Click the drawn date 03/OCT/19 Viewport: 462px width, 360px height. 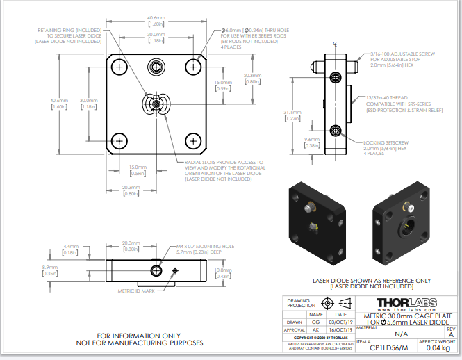pos(336,322)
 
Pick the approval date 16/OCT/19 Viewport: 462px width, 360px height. pos(336,331)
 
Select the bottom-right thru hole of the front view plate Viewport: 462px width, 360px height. pos(193,141)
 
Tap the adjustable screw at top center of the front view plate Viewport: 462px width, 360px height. pos(156,67)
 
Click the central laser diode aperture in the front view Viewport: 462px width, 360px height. pos(156,104)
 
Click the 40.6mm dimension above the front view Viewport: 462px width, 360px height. pos(156,18)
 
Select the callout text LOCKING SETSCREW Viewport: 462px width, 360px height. pos(394,142)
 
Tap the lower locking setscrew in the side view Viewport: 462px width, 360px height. pos(336,131)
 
